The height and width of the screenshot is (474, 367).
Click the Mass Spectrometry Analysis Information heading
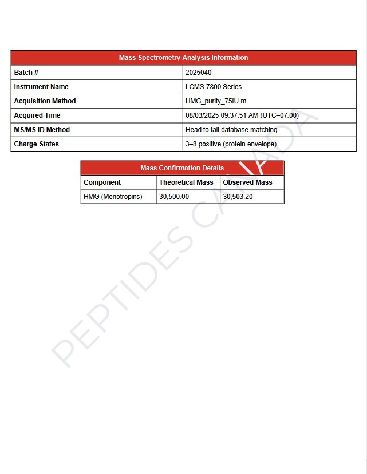click(x=183, y=58)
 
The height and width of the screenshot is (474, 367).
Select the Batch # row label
click(x=26, y=73)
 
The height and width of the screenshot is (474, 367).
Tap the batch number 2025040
click(x=199, y=73)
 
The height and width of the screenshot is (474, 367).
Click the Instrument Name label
click(x=41, y=87)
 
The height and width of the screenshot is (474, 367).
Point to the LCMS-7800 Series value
click(x=214, y=87)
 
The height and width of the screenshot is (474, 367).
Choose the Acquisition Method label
click(x=45, y=101)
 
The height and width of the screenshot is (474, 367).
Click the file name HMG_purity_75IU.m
click(x=216, y=101)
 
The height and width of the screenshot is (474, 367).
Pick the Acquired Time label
click(x=37, y=115)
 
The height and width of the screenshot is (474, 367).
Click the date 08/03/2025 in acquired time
click(x=202, y=115)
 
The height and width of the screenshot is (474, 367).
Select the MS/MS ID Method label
click(x=42, y=130)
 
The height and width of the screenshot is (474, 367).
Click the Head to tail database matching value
click(x=231, y=130)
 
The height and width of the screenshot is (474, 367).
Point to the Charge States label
click(x=37, y=144)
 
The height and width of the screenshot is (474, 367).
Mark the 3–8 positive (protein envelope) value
click(x=231, y=144)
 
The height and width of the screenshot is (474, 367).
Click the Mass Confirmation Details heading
click(x=182, y=168)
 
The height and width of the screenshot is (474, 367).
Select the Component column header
click(x=102, y=182)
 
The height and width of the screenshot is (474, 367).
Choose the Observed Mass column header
click(x=247, y=182)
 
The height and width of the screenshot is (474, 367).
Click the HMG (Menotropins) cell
click(x=113, y=197)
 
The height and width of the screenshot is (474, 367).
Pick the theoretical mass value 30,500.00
click(x=174, y=197)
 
